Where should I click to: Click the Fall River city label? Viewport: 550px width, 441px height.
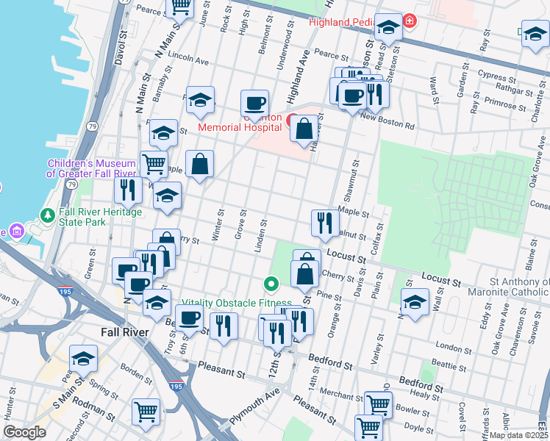124,332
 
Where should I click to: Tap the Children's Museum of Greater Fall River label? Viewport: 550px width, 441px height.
91,168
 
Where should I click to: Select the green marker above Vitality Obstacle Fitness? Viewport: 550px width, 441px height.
271,283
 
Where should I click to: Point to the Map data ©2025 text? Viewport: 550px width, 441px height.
519,435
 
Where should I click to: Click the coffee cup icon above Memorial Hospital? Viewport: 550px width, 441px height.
254,104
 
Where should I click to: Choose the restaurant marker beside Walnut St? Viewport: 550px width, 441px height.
324,223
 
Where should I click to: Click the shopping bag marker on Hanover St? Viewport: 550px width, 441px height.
304,129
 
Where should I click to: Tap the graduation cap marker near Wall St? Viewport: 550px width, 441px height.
415,302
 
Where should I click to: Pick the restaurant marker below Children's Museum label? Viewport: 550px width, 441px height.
129,190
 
